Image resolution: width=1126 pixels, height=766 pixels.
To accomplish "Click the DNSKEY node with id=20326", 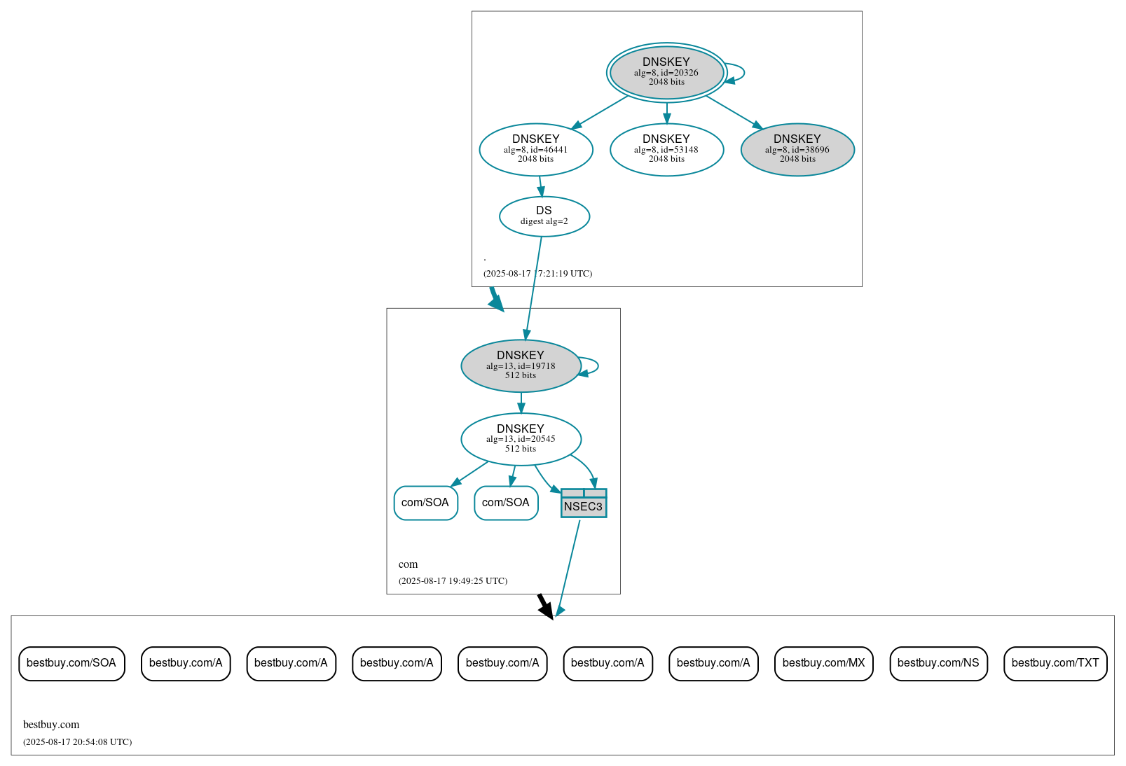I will [x=666, y=72].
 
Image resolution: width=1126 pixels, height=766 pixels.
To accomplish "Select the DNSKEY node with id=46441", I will [x=536, y=149].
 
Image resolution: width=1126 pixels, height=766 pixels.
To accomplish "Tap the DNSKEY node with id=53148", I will [x=666, y=149].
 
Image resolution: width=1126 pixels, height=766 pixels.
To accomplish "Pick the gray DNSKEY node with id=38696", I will [x=797, y=149].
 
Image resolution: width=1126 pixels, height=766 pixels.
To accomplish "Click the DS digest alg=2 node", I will [x=544, y=216].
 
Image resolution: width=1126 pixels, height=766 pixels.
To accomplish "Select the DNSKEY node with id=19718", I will [x=521, y=365].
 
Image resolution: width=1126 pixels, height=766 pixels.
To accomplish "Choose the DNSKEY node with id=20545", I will [x=521, y=439].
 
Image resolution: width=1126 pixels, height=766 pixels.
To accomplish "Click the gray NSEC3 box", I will [x=584, y=504].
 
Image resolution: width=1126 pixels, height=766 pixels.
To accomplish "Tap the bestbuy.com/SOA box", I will [x=71, y=663].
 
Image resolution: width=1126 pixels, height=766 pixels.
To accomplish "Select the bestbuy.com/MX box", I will [x=823, y=663].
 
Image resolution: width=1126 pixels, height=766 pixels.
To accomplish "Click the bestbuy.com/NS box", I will [x=938, y=663].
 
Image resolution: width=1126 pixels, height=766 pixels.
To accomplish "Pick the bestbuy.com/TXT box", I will [x=1055, y=663].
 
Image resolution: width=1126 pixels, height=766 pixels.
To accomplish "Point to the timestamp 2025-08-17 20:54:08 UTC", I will [x=77, y=742].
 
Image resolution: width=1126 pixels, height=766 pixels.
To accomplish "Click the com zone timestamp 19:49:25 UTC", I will [x=453, y=581].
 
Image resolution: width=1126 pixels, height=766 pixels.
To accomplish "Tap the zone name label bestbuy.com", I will [x=51, y=725].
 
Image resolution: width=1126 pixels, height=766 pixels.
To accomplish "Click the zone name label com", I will [x=408, y=564].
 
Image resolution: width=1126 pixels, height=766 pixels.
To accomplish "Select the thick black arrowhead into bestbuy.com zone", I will [x=547, y=609].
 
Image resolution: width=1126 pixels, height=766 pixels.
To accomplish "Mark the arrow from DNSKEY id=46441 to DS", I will [x=540, y=186].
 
